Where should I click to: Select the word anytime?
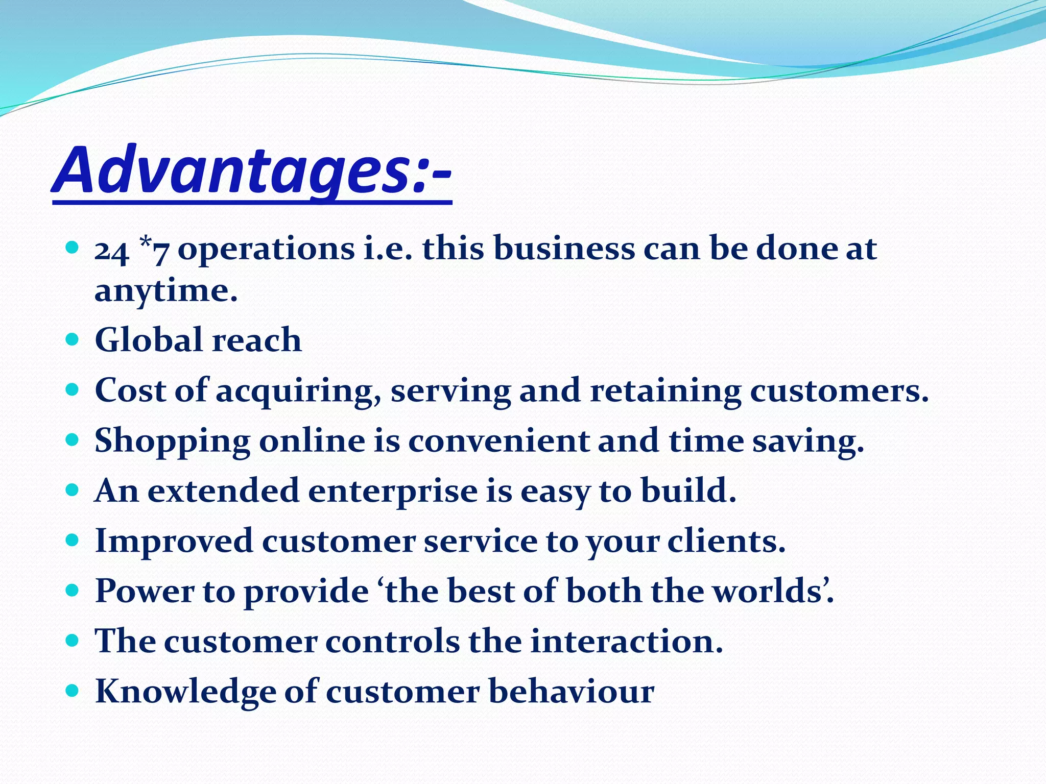pyautogui.click(x=166, y=292)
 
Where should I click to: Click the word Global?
pyautogui.click(x=149, y=340)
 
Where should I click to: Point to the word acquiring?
pyautogui.click(x=298, y=392)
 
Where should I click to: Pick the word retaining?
pyautogui.click(x=665, y=392)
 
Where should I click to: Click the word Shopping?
pyautogui.click(x=172, y=442)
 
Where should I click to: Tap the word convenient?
pyautogui.click(x=498, y=440)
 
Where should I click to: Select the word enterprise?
pyautogui.click(x=393, y=492)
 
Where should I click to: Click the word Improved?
pyautogui.click(x=174, y=542)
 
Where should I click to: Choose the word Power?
pyautogui.click(x=145, y=591)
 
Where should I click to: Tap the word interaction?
pyautogui.click(x=627, y=641)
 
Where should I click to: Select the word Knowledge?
pyautogui.click(x=185, y=692)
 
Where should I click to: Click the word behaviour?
pyautogui.click(x=571, y=691)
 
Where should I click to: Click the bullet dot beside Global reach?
pyautogui.click(x=73, y=339)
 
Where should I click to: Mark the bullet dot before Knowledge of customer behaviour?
pyautogui.click(x=73, y=691)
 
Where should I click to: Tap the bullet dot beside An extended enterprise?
pyautogui.click(x=73, y=491)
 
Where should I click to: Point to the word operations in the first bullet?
pyautogui.click(x=266, y=249)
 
